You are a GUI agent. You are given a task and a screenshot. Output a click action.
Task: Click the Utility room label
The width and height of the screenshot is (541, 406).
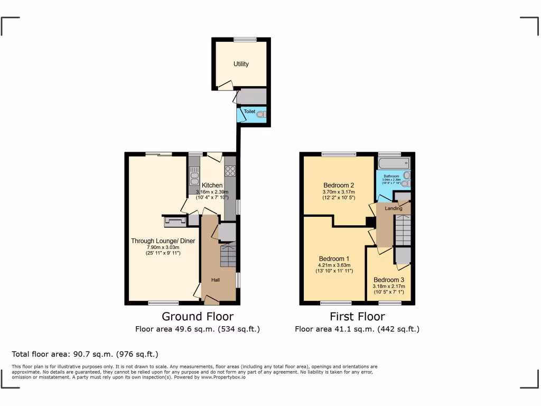(x=241, y=64)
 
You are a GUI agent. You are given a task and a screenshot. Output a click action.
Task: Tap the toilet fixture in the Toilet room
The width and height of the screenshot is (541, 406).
(x=260, y=113)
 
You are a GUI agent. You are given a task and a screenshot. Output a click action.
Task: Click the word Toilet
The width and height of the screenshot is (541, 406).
(x=249, y=112)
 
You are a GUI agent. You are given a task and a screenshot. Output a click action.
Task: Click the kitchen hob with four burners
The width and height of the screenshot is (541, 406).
(x=231, y=171)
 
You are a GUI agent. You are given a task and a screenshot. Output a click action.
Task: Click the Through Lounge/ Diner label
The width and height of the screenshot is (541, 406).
(x=163, y=241)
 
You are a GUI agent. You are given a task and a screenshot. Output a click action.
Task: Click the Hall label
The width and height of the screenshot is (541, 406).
(x=216, y=280)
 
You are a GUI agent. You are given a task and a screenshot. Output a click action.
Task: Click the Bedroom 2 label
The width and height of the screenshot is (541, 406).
(x=338, y=185)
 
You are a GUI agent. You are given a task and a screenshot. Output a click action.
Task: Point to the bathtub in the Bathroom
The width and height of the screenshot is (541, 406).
(x=394, y=163)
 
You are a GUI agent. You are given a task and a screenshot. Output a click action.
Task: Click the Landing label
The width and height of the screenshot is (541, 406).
(x=393, y=208)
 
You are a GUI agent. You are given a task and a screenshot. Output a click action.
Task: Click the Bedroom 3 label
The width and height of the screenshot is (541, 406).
(x=389, y=280)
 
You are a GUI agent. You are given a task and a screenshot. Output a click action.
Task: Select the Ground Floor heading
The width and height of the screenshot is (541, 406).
(x=197, y=317)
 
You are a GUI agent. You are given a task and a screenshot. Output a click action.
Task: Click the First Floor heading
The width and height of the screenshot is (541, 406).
(x=357, y=317)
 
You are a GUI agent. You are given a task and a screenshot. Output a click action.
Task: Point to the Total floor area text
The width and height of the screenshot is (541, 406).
(x=85, y=354)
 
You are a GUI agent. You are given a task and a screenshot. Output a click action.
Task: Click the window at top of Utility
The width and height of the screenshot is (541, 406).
(x=245, y=39)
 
